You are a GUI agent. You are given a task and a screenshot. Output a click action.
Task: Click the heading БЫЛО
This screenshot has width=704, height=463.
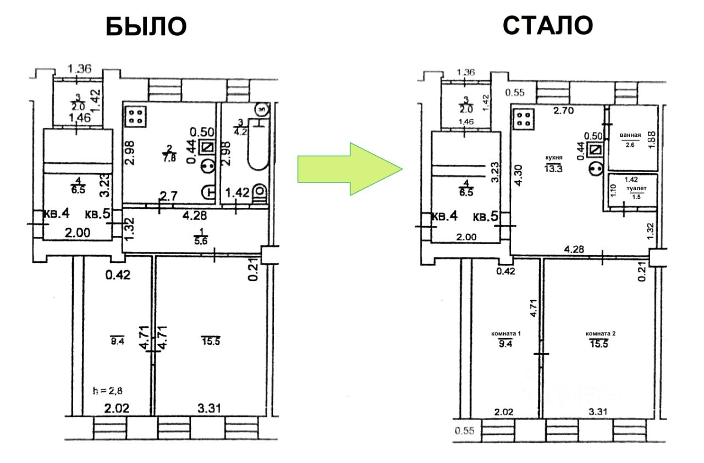[146, 26]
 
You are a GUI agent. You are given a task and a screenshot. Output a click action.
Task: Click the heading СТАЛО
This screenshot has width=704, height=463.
[548, 24]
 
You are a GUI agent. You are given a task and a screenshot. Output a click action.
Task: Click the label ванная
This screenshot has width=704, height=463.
[630, 134]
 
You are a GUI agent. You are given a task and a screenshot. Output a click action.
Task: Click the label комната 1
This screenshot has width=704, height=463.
[506, 333]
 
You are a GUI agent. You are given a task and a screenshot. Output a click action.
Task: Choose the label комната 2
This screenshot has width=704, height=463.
[601, 333]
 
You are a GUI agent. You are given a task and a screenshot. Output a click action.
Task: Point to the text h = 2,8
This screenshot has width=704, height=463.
[108, 391]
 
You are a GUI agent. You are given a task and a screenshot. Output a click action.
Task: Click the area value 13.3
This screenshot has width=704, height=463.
[553, 168]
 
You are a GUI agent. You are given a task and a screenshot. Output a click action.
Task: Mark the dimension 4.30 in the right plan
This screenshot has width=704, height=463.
[520, 178]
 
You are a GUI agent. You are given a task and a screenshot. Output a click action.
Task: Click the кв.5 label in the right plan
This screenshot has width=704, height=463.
[486, 217]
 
